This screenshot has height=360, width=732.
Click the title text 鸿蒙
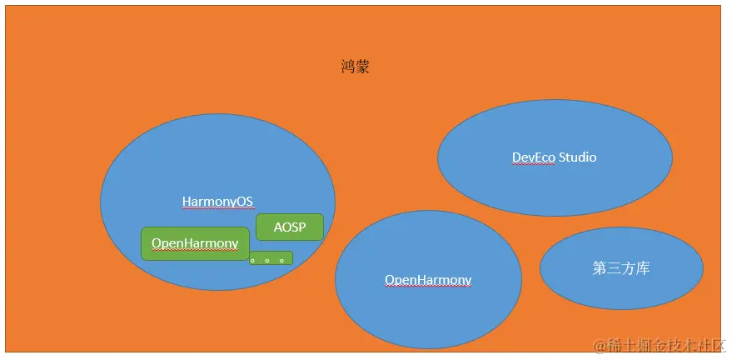[x=356, y=67]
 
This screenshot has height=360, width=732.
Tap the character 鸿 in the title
[x=348, y=67]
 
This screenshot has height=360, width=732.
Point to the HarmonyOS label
[x=217, y=202]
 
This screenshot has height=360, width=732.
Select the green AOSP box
[x=290, y=227]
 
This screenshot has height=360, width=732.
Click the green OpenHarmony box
[x=195, y=243]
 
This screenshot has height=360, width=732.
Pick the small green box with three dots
[x=271, y=258]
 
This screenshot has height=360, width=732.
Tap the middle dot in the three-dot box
[x=267, y=261]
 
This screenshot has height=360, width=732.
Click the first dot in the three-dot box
[x=252, y=261]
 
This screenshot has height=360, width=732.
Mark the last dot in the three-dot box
[x=282, y=261]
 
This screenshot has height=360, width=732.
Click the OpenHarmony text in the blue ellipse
[x=428, y=280]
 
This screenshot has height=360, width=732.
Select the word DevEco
[x=534, y=157]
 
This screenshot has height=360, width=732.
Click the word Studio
[x=577, y=157]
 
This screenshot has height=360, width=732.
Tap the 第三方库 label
[x=621, y=268]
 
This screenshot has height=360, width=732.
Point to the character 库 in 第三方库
[x=643, y=268]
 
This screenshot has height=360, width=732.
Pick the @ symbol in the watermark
[x=600, y=347]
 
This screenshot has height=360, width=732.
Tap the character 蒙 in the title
[x=363, y=67]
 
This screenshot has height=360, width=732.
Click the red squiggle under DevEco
[x=534, y=164]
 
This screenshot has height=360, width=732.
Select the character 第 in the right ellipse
[x=600, y=268]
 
